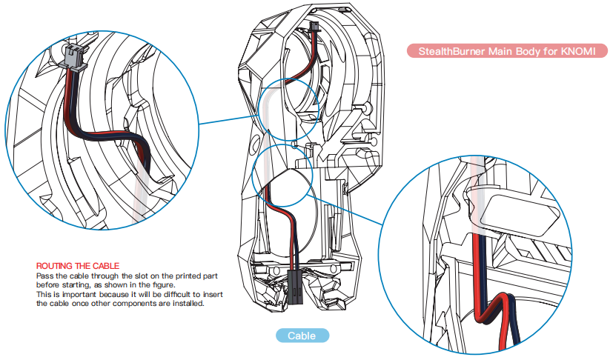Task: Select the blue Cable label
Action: (x=301, y=336)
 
